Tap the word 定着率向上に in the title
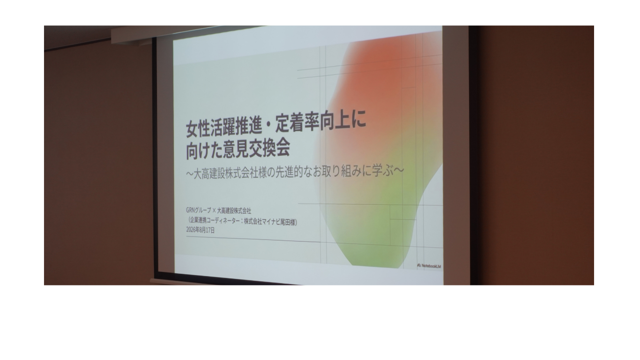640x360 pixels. pyautogui.click(x=320, y=123)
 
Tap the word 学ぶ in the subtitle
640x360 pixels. pyautogui.click(x=384, y=171)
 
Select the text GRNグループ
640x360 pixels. pyautogui.click(x=199, y=210)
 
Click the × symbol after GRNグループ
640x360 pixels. pyautogui.click(x=214, y=211)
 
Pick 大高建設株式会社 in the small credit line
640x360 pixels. pyautogui.click(x=234, y=211)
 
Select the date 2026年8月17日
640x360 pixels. pyautogui.click(x=200, y=230)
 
